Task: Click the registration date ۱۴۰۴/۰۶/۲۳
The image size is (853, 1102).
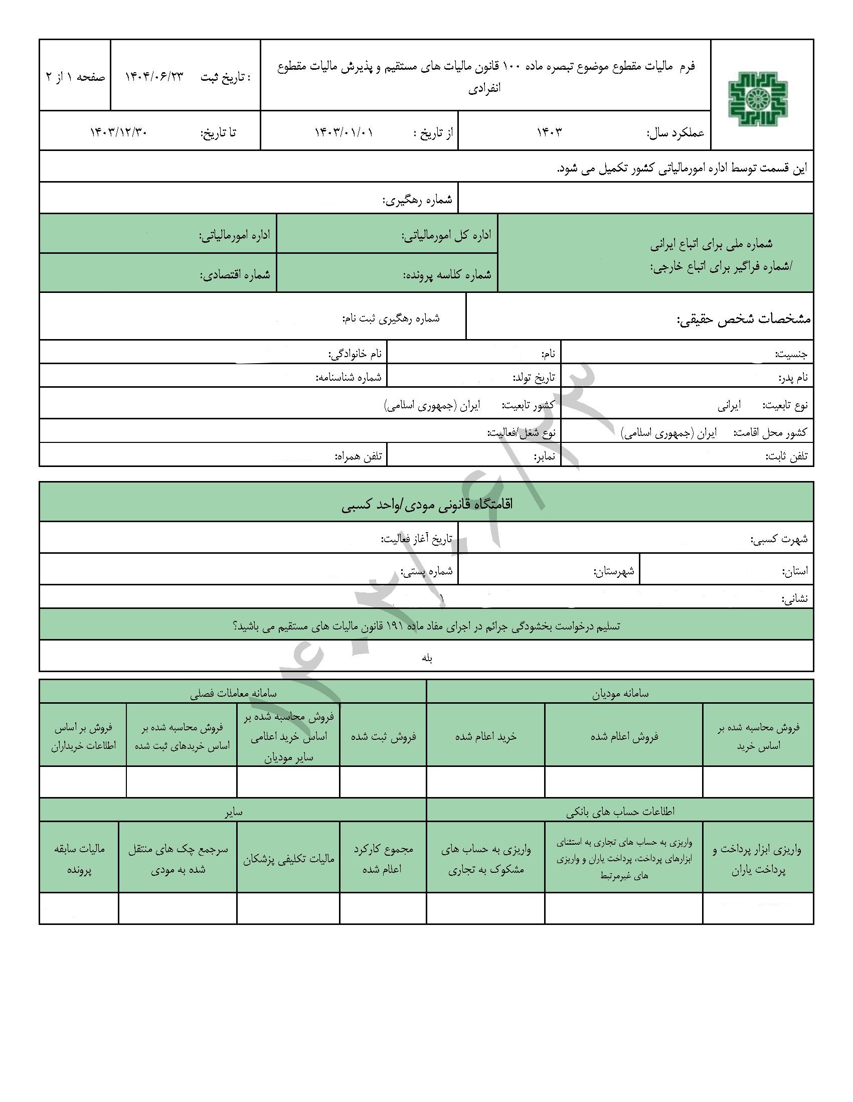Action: click(154, 77)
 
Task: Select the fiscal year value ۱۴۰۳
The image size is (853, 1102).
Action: click(549, 132)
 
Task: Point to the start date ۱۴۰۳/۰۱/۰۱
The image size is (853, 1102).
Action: click(344, 132)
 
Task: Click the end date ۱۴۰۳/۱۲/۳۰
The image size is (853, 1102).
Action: click(118, 132)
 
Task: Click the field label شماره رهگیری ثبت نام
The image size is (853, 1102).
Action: click(391, 319)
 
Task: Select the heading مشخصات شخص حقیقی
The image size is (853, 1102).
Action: click(743, 320)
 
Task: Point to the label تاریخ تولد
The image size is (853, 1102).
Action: click(534, 377)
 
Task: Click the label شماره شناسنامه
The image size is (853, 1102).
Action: click(349, 377)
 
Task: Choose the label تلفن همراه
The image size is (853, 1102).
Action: click(359, 456)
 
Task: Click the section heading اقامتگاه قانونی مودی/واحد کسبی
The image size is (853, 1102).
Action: click(427, 504)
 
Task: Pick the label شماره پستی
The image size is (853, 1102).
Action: click(427, 571)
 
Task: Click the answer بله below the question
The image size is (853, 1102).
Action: click(427, 658)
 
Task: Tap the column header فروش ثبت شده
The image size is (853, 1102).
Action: click(383, 736)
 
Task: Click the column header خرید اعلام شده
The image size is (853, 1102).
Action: click(486, 736)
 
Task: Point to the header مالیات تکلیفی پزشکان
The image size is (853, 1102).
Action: click(288, 859)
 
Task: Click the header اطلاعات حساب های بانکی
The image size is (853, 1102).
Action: click(620, 812)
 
